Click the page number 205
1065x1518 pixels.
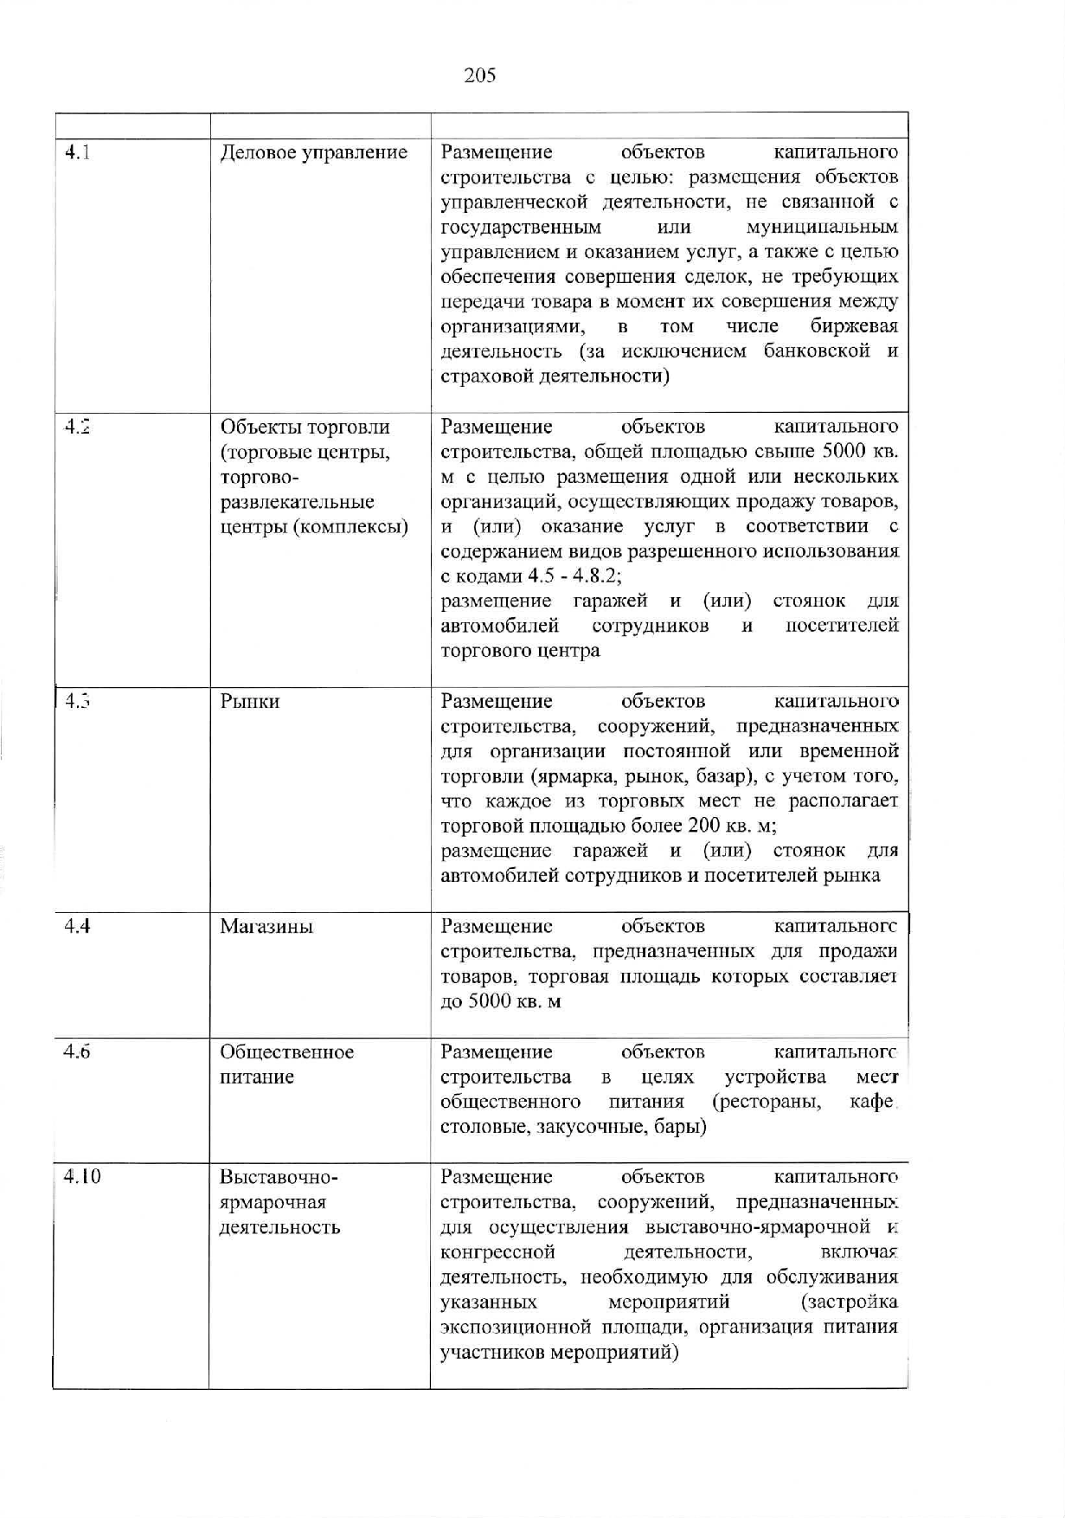tap(479, 75)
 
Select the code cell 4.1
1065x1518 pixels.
tap(79, 153)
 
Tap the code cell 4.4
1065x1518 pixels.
tap(78, 926)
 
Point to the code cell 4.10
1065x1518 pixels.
tap(82, 1177)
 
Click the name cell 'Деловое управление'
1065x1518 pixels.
tap(313, 153)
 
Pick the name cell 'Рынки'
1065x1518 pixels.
tap(250, 702)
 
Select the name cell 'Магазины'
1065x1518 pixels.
tap(266, 927)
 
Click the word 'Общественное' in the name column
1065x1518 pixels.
tap(286, 1052)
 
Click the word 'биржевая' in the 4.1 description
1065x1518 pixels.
tap(854, 327)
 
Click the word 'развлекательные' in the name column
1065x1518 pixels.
tap(297, 503)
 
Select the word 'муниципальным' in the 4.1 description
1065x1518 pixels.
tap(821, 228)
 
